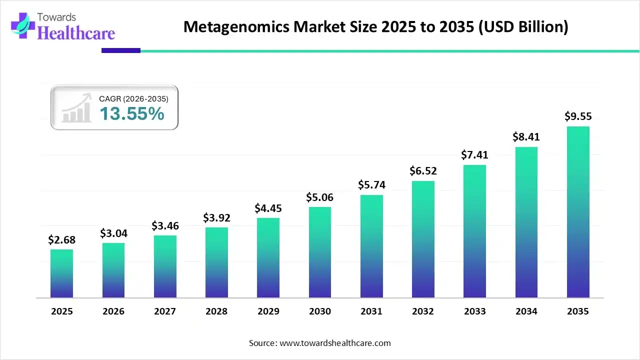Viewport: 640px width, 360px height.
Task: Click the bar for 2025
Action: (x=61, y=273)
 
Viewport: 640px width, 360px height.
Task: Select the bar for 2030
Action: (x=320, y=252)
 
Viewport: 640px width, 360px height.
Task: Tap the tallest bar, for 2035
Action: (x=578, y=212)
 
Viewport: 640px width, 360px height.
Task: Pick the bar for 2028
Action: (x=216, y=262)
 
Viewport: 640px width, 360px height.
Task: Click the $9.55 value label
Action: (x=578, y=116)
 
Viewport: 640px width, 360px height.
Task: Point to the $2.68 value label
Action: (x=61, y=239)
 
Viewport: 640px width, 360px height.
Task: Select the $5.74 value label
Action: (x=371, y=184)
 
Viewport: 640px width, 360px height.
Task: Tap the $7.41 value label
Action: (x=474, y=155)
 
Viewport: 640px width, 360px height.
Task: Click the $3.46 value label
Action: (x=165, y=225)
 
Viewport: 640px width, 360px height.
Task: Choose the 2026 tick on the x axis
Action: (x=113, y=311)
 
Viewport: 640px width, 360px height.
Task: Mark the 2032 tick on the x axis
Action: (x=423, y=311)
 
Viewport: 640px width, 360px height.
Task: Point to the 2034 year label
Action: (x=526, y=311)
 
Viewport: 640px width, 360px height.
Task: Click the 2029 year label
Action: (x=268, y=311)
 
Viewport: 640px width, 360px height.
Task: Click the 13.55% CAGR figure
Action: (x=131, y=114)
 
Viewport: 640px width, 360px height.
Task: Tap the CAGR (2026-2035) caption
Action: (x=133, y=99)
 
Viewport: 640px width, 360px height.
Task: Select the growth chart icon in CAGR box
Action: (x=76, y=107)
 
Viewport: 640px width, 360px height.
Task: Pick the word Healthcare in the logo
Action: (x=76, y=33)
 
